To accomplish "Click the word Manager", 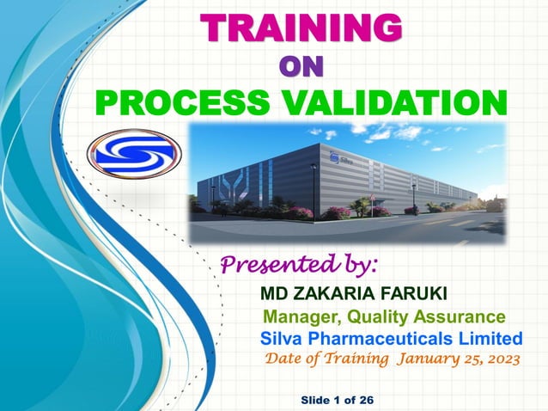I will click(296, 317).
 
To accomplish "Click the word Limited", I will click(493, 336).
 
